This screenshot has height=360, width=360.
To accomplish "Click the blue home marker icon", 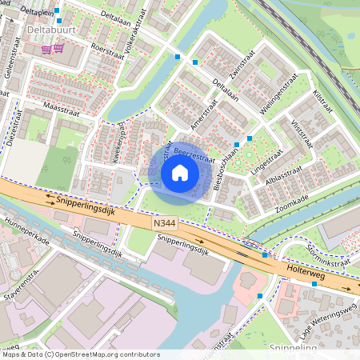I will [180, 173].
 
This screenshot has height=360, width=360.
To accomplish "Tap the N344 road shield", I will [163, 226].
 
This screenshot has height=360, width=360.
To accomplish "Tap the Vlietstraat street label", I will [302, 134].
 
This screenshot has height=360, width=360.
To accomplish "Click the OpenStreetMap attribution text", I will [78, 354].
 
